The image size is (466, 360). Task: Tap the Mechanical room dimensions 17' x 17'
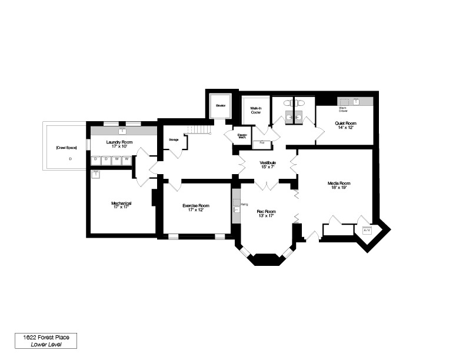tap(121, 207)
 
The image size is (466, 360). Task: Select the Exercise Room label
tap(196, 205)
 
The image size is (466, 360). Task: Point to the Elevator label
tap(221, 106)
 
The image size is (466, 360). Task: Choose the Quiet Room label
tap(346, 123)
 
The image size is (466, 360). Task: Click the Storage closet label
tap(174, 139)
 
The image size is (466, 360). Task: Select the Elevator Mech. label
tap(242, 136)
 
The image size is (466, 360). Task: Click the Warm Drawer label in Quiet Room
tap(343, 109)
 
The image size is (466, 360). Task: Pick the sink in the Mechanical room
tap(95, 174)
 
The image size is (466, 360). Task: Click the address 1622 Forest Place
tap(46, 337)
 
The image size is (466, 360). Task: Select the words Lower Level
tap(46, 345)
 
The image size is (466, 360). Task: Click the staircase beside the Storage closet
tap(198, 130)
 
